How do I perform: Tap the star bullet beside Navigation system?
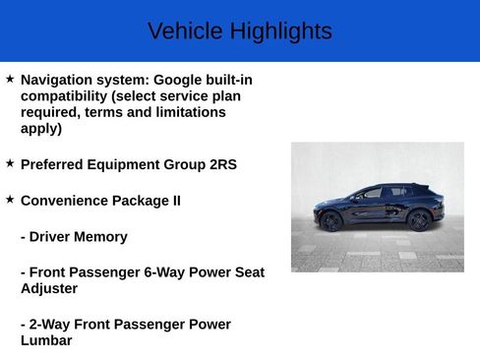point(10,78)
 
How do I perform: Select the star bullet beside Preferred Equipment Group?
point(10,163)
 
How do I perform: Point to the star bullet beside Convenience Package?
point(10,199)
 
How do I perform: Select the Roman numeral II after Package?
point(175,201)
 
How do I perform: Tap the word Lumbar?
point(46,341)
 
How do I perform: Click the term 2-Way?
point(53,325)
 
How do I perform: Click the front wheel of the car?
point(331,221)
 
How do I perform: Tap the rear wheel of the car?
point(420,220)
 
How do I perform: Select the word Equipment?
point(128,164)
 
